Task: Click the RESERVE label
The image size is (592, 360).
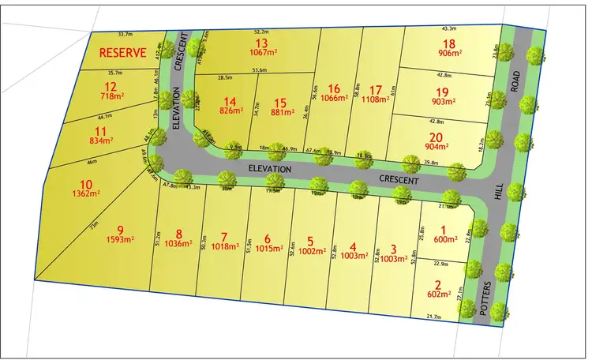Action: pos(122,54)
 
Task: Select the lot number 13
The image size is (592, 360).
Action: pos(261,43)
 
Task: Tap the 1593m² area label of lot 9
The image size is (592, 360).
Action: pos(122,242)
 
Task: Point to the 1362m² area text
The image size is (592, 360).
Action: pos(79,191)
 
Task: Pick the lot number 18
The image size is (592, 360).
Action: pos(449,44)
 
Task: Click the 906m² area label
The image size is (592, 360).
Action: pos(449,54)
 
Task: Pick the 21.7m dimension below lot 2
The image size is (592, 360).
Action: pos(433,317)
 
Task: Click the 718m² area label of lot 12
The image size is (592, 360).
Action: pos(110,96)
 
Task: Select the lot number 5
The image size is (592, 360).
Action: pos(310,241)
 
